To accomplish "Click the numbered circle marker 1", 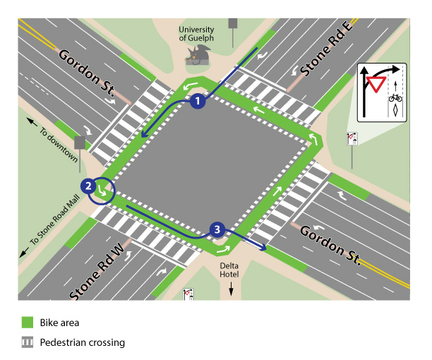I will (198, 102).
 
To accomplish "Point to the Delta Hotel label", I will (230, 270).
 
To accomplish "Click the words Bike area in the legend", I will (60, 323).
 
